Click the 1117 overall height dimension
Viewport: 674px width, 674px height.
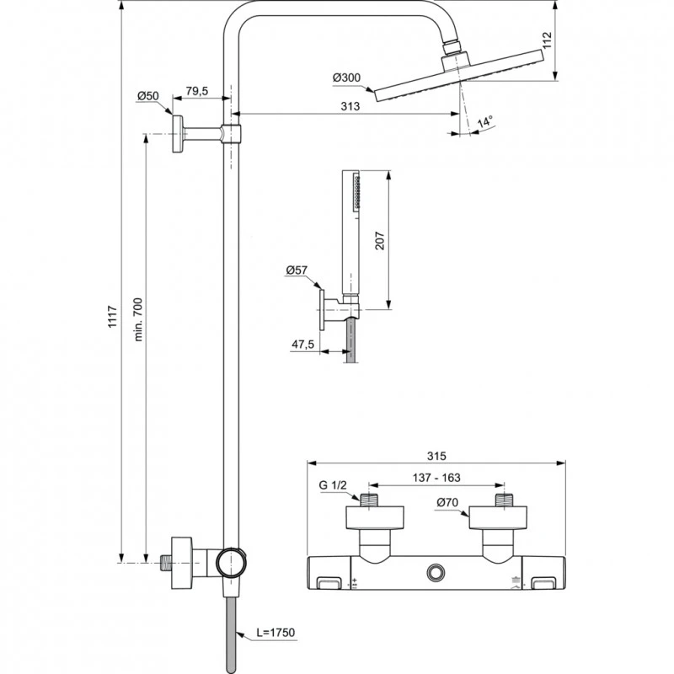(x=113, y=317)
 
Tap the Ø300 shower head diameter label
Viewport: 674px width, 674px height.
(x=346, y=78)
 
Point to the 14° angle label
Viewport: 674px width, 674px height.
(x=484, y=121)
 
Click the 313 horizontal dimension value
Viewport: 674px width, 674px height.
(x=350, y=106)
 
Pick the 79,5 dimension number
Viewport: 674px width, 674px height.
(x=197, y=91)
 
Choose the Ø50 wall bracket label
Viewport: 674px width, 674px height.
(x=148, y=96)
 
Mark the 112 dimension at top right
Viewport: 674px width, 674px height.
(x=547, y=40)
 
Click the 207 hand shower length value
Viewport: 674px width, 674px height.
(x=380, y=241)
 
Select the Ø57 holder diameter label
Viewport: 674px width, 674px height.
(x=297, y=270)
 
